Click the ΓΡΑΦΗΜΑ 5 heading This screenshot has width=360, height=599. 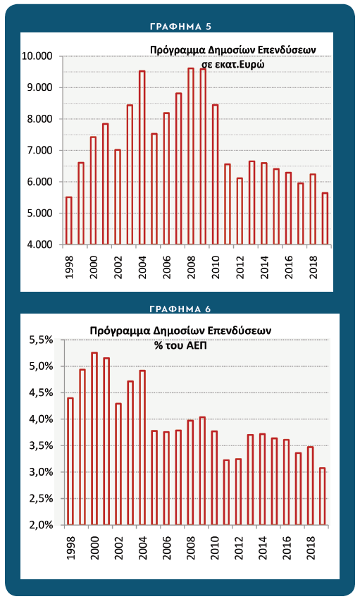(180, 26)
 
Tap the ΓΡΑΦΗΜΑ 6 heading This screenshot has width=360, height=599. (180, 309)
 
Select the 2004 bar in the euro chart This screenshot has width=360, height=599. (142, 157)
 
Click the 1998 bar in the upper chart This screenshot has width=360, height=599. (69, 221)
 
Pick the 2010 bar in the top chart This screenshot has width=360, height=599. (216, 174)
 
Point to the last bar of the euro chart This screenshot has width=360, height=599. (325, 218)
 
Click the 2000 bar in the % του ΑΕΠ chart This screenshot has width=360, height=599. (94, 438)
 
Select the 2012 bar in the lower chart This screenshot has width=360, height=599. (238, 492)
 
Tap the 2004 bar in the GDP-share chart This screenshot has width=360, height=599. (142, 447)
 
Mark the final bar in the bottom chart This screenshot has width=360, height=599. (322, 496)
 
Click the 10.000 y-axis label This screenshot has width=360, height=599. (37, 56)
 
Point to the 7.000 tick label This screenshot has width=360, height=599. (39, 151)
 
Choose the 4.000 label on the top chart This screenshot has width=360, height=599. (39, 245)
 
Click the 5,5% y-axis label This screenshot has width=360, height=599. (42, 340)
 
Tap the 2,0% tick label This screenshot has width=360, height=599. (42, 525)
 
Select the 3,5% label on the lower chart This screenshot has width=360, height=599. (42, 445)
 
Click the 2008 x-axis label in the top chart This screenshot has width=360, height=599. (191, 267)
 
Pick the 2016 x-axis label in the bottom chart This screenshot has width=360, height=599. (287, 548)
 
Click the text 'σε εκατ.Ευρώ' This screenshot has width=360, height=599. (233, 64)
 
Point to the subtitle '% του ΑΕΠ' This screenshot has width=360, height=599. (180, 345)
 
